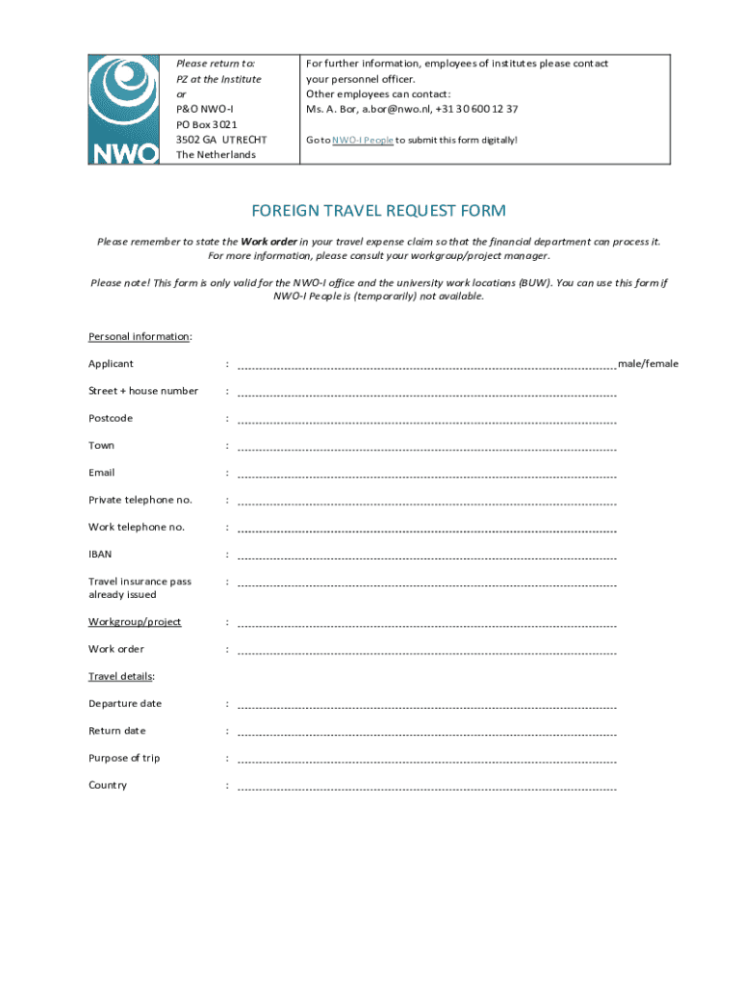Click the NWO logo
(x=124, y=109)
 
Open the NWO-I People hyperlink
(x=362, y=141)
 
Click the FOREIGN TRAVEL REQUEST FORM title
(x=378, y=211)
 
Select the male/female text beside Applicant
(x=648, y=364)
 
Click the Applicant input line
(x=426, y=367)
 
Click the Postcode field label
(x=111, y=419)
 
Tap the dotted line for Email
(x=426, y=476)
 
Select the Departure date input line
(x=426, y=707)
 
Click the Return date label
(x=117, y=731)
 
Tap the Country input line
(x=426, y=789)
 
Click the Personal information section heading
(x=140, y=337)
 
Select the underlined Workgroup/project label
(x=135, y=622)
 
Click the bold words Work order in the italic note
(x=268, y=242)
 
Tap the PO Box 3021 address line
(x=207, y=125)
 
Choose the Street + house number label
(x=143, y=391)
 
